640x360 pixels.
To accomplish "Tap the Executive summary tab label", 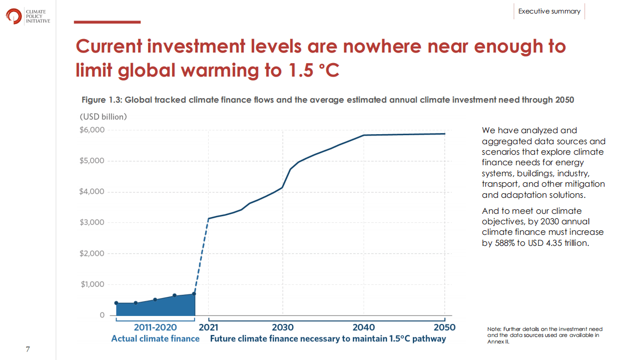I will (x=549, y=11).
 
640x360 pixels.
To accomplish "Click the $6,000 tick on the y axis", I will (x=92, y=130).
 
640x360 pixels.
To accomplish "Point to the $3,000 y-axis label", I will (x=92, y=222).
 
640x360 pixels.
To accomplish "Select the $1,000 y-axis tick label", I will (x=92, y=284).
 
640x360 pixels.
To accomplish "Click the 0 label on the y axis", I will (x=102, y=315).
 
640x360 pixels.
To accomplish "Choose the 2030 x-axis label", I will (x=283, y=327).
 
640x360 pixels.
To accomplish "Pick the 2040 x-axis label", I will (x=364, y=327).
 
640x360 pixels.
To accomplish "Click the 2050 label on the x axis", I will (x=444, y=327).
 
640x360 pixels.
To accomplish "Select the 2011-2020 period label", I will (x=155, y=327).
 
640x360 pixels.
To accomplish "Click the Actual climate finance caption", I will (x=155, y=339).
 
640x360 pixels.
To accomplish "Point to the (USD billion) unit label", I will (x=104, y=117).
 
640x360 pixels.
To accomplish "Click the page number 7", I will (x=28, y=349).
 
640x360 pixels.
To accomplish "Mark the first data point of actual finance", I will (x=117, y=303).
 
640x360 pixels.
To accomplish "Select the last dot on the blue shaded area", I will (x=194, y=294).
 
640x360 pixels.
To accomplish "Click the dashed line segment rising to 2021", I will (x=201, y=255).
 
